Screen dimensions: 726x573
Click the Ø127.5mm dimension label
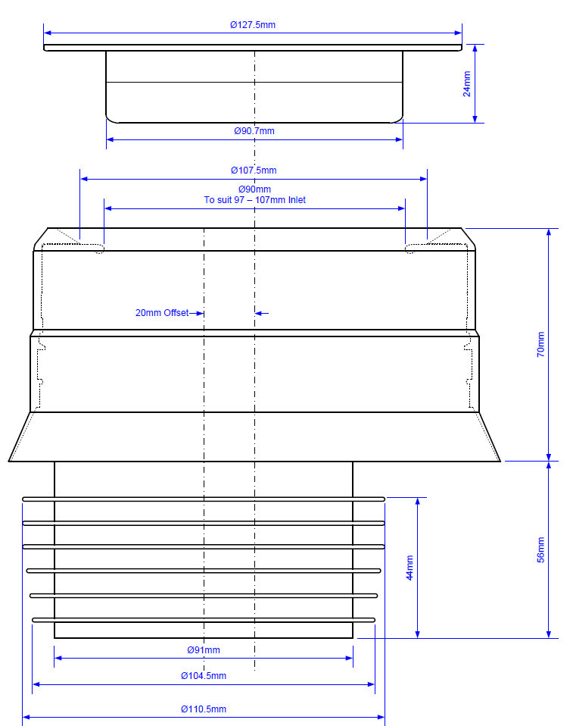tap(253, 24)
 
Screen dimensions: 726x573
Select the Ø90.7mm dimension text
tap(254, 131)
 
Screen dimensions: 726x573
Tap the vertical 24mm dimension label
tap(467, 83)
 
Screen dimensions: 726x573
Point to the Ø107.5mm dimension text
tap(254, 171)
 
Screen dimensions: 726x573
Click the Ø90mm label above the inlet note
tap(254, 189)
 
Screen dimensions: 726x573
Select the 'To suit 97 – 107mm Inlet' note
tap(254, 200)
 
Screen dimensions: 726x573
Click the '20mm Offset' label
tap(162, 312)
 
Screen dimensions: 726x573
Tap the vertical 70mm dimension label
tap(540, 344)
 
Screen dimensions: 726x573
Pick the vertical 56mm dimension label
tap(540, 549)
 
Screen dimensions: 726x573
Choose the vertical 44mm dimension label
tap(410, 568)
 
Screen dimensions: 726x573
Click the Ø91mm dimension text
tap(204, 649)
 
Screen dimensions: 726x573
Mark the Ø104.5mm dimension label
tap(203, 675)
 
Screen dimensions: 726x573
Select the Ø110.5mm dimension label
tap(203, 709)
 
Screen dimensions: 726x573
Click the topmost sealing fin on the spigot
tap(204, 499)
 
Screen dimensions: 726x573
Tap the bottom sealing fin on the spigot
tap(204, 620)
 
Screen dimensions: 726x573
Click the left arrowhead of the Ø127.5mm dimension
tap(48, 33)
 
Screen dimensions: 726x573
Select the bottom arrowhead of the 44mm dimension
tap(417, 634)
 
